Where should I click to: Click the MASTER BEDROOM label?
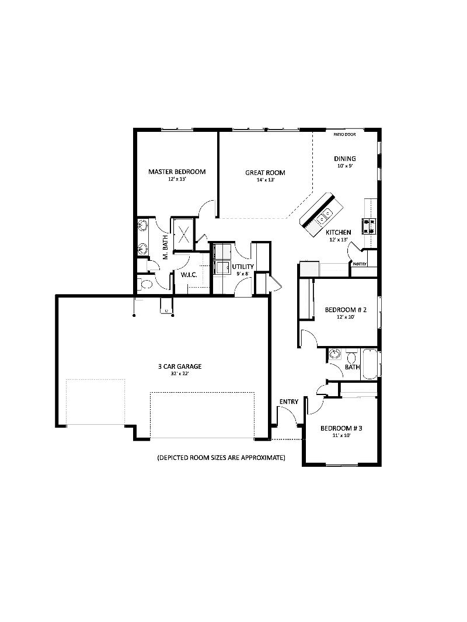click(176, 172)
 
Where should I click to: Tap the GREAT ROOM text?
click(265, 173)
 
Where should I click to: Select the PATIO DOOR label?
click(344, 134)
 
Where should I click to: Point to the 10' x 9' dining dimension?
click(344, 166)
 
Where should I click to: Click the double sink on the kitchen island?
click(323, 216)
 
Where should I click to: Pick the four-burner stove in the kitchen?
click(369, 225)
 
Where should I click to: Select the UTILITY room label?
click(243, 267)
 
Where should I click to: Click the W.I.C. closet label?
click(188, 274)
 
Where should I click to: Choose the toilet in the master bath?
click(145, 285)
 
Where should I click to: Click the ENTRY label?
click(289, 401)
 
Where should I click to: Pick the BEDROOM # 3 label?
click(341, 428)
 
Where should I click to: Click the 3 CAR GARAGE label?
click(179, 366)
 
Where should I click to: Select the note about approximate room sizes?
click(221, 458)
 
